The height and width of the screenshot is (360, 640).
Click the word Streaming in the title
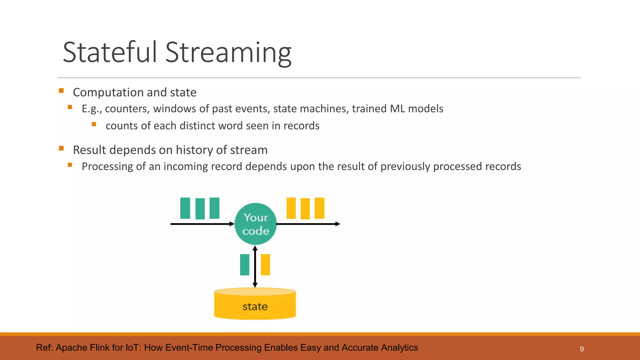pos(228,52)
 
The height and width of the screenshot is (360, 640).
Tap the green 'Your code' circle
pos(256,224)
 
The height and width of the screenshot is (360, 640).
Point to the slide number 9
pos(582,349)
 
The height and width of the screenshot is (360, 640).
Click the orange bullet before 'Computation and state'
pos(61,91)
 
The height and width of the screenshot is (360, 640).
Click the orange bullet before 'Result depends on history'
pos(61,148)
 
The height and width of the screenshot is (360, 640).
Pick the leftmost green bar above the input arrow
pos(185,208)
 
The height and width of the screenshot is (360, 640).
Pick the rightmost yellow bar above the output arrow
pos(319,208)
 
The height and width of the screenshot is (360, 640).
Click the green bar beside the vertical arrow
pos(245,265)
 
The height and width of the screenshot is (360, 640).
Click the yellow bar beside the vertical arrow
pos(265,265)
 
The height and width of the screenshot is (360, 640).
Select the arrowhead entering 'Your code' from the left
pos(232,224)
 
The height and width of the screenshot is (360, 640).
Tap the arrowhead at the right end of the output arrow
pos(337,224)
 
